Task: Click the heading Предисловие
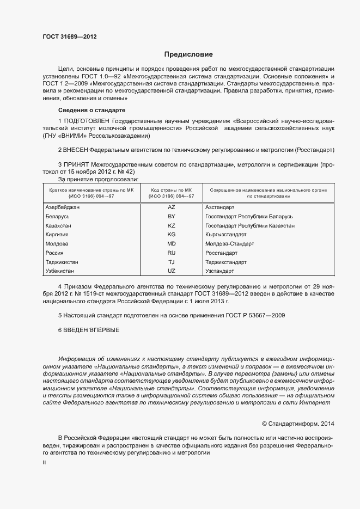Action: (x=188, y=54)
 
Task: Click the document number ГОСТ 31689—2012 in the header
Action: (x=70, y=37)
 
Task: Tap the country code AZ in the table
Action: (x=172, y=207)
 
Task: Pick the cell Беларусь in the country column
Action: (x=57, y=217)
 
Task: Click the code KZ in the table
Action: (x=172, y=225)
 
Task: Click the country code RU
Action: (x=172, y=253)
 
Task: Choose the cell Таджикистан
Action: (x=62, y=262)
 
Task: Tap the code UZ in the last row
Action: (x=172, y=271)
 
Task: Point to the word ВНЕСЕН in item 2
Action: (x=76, y=149)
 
